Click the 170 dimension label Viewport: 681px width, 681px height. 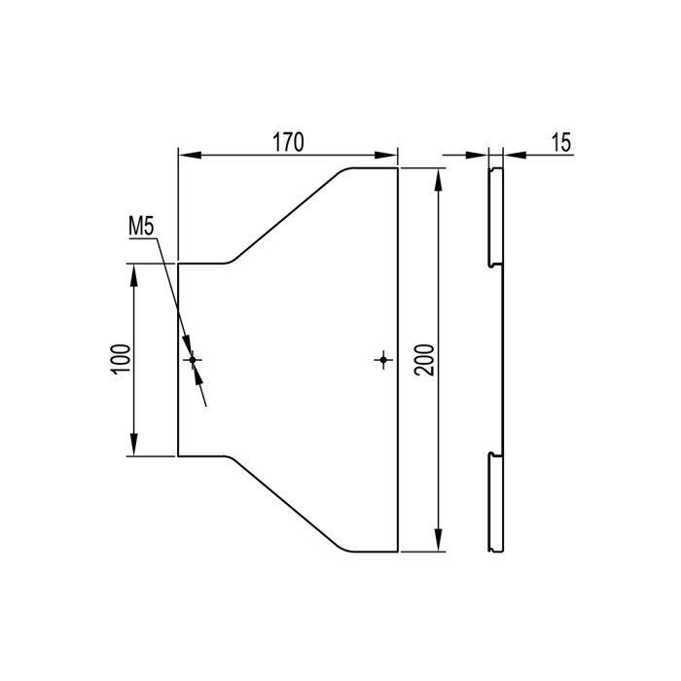click(288, 142)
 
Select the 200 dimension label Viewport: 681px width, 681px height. click(424, 360)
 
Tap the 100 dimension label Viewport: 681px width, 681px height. click(121, 360)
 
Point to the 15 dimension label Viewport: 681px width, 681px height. click(561, 142)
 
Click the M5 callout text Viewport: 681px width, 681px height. click(141, 227)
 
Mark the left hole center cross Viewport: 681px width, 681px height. click(193, 360)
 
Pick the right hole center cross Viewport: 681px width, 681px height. click(383, 360)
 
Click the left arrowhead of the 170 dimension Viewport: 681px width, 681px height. click(190, 155)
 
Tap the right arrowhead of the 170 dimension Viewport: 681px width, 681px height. click(386, 155)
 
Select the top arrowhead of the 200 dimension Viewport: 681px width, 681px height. click(439, 179)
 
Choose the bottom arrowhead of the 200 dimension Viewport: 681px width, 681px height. click(439, 540)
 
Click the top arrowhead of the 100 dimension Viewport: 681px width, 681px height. click(134, 275)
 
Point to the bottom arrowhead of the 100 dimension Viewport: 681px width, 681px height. click(134, 445)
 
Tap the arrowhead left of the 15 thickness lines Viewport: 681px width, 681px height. click(477, 155)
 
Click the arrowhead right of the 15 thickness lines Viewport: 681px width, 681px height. click(515, 155)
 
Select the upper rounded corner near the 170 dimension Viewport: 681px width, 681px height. click(344, 170)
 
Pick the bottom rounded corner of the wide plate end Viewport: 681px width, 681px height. click(344, 549)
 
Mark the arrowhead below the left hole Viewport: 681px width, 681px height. click(198, 376)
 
